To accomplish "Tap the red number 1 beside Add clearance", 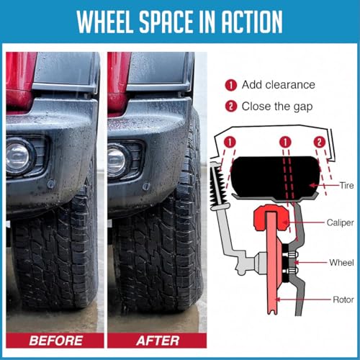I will (232, 85).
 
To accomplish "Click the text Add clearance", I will (279, 85).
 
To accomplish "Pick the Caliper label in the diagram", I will (340, 223).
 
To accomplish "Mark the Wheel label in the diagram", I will (341, 262).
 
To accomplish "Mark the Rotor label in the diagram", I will (342, 297).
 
